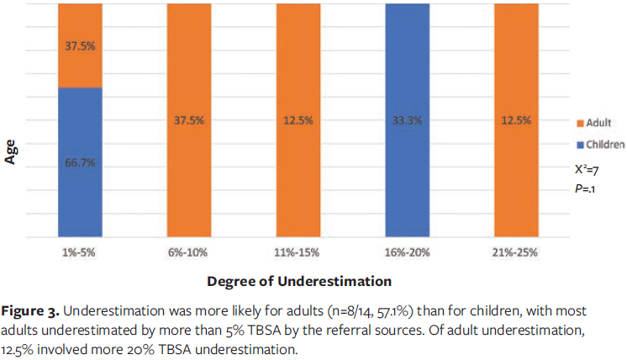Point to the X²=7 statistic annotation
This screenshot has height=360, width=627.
click(x=577, y=169)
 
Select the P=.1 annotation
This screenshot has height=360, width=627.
click(x=574, y=189)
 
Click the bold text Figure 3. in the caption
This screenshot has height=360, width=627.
click(x=35, y=310)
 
